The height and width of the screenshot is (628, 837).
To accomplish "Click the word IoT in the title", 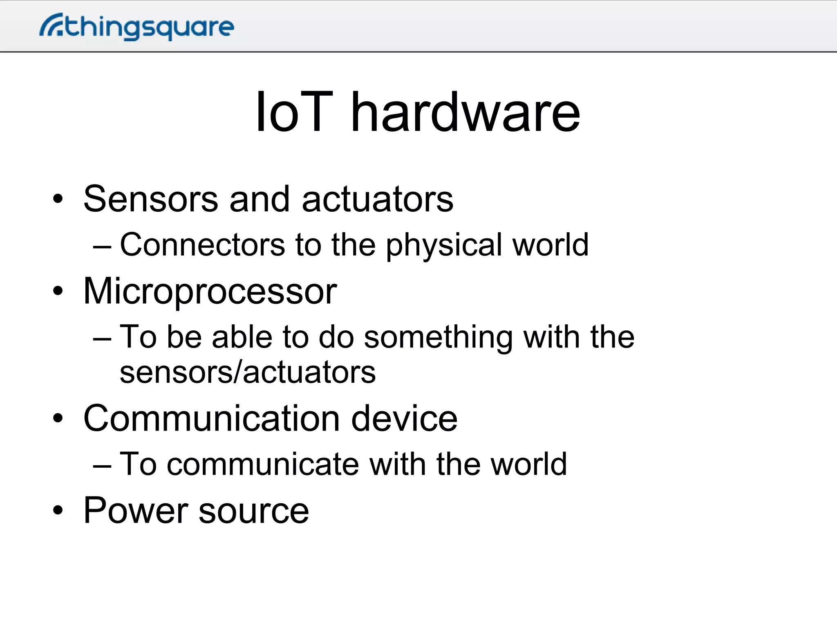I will [294, 112].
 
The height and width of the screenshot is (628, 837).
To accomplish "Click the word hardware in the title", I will [465, 112].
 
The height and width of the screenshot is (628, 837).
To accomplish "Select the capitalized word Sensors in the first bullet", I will [151, 199].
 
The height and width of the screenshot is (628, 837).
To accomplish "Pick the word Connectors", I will [202, 245].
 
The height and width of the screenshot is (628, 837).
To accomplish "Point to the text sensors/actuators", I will [248, 372].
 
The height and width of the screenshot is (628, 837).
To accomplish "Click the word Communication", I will [211, 418].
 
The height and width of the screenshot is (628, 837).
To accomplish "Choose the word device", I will [404, 418].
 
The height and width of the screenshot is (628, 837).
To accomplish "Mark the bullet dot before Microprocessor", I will [58, 291].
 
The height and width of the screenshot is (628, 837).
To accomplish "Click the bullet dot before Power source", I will [58, 510].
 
